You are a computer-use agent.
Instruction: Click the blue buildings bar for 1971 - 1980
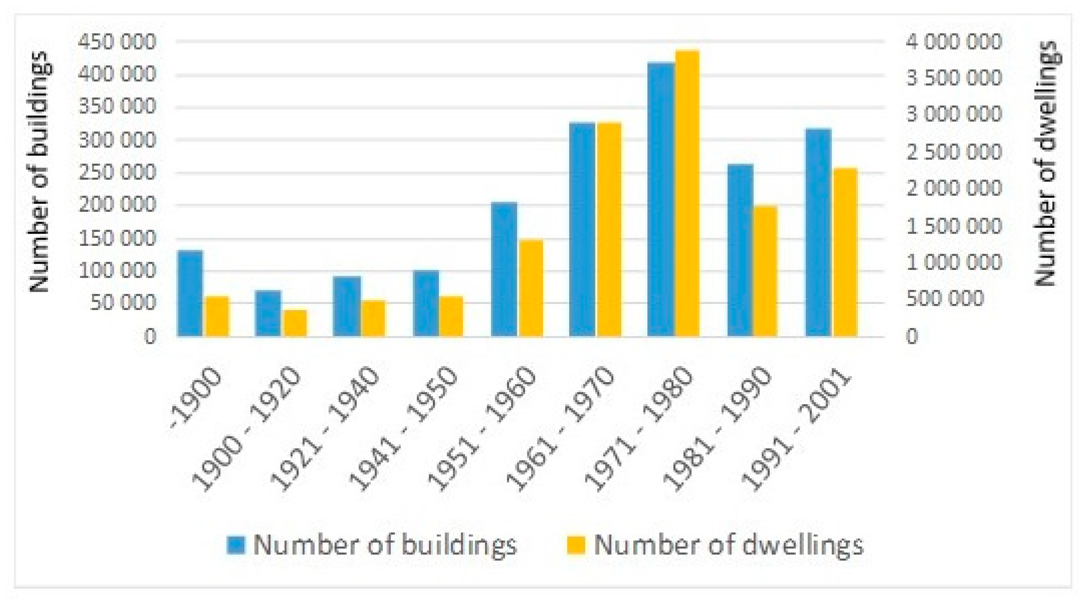point(661,200)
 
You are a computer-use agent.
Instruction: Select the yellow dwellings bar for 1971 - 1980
point(687,193)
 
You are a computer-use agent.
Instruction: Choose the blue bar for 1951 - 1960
point(504,269)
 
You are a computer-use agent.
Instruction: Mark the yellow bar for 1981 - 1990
point(765,271)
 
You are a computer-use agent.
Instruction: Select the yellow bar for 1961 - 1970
point(609,229)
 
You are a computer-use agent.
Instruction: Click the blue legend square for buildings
point(236,545)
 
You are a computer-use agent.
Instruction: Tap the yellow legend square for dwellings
point(576,545)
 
